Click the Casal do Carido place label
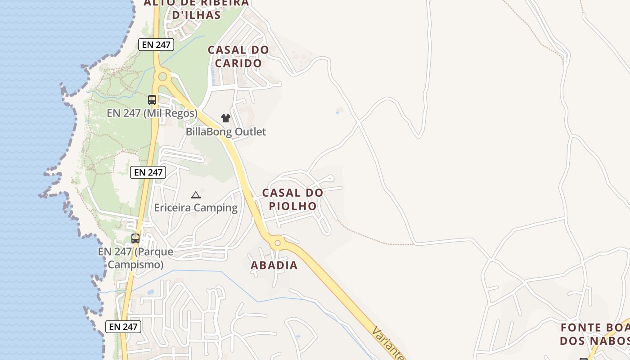(x=238, y=57)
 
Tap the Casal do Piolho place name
(x=292, y=199)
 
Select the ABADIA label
(x=274, y=265)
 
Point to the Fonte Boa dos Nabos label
(x=594, y=334)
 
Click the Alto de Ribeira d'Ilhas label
(x=196, y=9)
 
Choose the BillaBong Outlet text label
(x=226, y=132)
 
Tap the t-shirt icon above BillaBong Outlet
(x=225, y=118)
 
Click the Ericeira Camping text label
(x=196, y=207)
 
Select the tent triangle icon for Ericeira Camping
(x=195, y=195)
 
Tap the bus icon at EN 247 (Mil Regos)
(x=152, y=100)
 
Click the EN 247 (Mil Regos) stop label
(x=152, y=113)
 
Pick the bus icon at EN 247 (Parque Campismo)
(x=135, y=238)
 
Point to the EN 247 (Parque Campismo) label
(x=135, y=258)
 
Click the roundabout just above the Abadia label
(x=278, y=243)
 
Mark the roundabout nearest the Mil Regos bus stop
(x=162, y=76)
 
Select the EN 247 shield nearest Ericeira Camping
(x=148, y=172)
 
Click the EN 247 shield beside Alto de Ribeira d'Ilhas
(x=156, y=45)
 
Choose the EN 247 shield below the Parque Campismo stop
(x=123, y=327)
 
